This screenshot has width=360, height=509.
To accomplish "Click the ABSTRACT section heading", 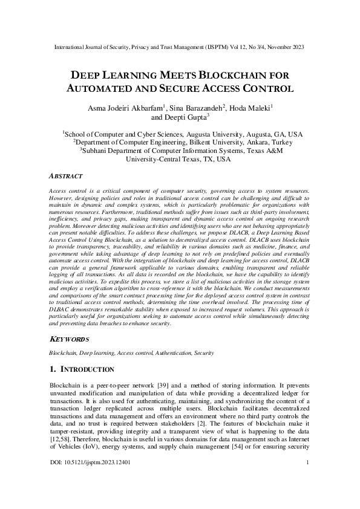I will [65, 177].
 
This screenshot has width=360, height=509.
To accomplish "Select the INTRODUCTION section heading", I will [88, 369].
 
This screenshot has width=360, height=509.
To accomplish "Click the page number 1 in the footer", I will [309, 479].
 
